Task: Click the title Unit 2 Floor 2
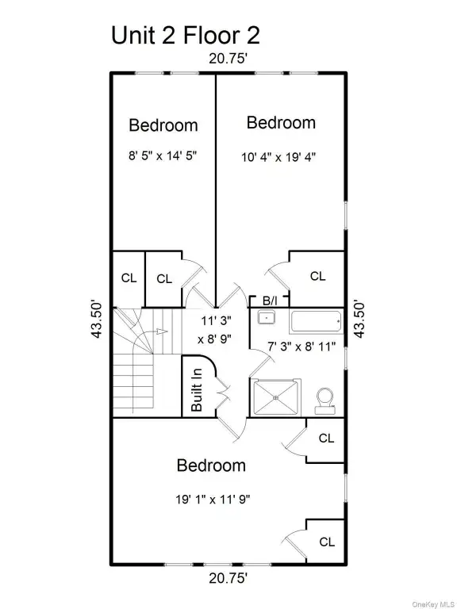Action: click(186, 36)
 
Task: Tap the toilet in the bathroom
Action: click(325, 400)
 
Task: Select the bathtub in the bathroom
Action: click(316, 322)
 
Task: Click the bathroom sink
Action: click(267, 317)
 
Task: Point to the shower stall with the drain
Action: click(275, 397)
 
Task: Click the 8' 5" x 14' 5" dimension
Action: click(163, 155)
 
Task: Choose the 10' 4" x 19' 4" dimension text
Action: click(278, 157)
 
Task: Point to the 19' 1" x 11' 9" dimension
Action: click(213, 499)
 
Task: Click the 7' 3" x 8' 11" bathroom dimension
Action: click(301, 347)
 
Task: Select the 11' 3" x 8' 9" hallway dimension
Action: click(215, 330)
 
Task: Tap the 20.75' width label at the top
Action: click(228, 59)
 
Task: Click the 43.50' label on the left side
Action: click(96, 319)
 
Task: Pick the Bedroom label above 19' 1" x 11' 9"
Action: click(211, 465)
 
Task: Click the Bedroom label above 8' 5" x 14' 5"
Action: click(163, 125)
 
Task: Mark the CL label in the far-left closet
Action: click(129, 278)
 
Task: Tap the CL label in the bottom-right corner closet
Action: click(327, 542)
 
